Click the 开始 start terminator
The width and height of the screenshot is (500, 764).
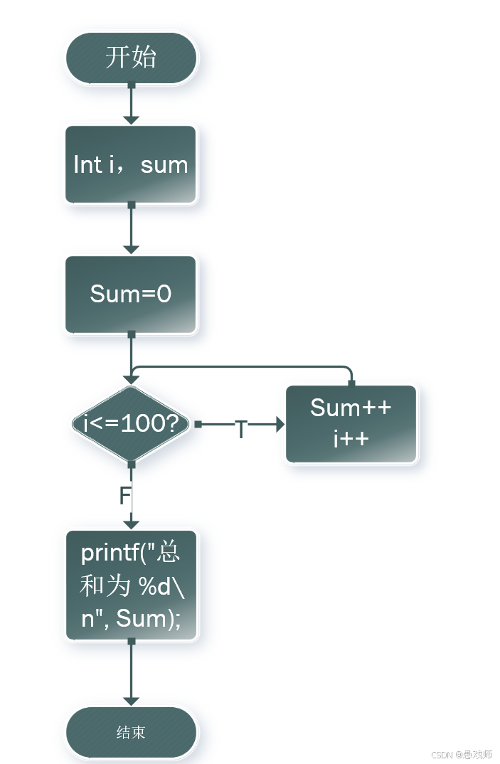[131, 57]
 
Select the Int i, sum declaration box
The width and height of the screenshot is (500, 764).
[131, 165]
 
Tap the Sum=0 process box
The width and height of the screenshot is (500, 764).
[131, 294]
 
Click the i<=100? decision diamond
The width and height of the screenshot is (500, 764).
[131, 424]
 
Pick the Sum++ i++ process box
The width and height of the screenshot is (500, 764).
[351, 424]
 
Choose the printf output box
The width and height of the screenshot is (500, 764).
[131, 585]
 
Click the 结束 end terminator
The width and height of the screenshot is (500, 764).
[131, 732]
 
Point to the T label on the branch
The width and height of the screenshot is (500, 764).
[241, 430]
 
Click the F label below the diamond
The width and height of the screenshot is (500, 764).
[124, 496]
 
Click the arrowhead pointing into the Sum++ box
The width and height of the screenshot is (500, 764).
[279, 425]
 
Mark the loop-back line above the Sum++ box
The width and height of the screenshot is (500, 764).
[242, 367]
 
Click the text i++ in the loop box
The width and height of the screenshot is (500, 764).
[351, 438]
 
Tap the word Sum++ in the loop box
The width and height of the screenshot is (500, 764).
[351, 408]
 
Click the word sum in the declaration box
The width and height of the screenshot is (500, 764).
[164, 165]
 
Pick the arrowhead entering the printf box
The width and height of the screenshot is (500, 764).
[131, 524]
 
